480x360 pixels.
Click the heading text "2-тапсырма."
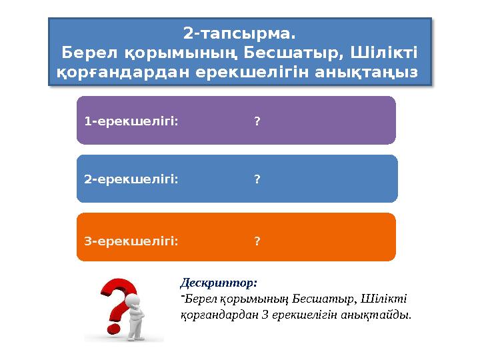(x=239, y=33)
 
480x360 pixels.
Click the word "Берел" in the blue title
(x=85, y=52)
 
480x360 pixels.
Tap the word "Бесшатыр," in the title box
(x=296, y=52)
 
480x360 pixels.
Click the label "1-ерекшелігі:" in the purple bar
(x=131, y=121)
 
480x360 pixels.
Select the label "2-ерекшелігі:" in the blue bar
(x=131, y=179)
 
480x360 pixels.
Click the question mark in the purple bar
(x=257, y=121)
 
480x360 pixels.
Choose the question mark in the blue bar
(x=257, y=179)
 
